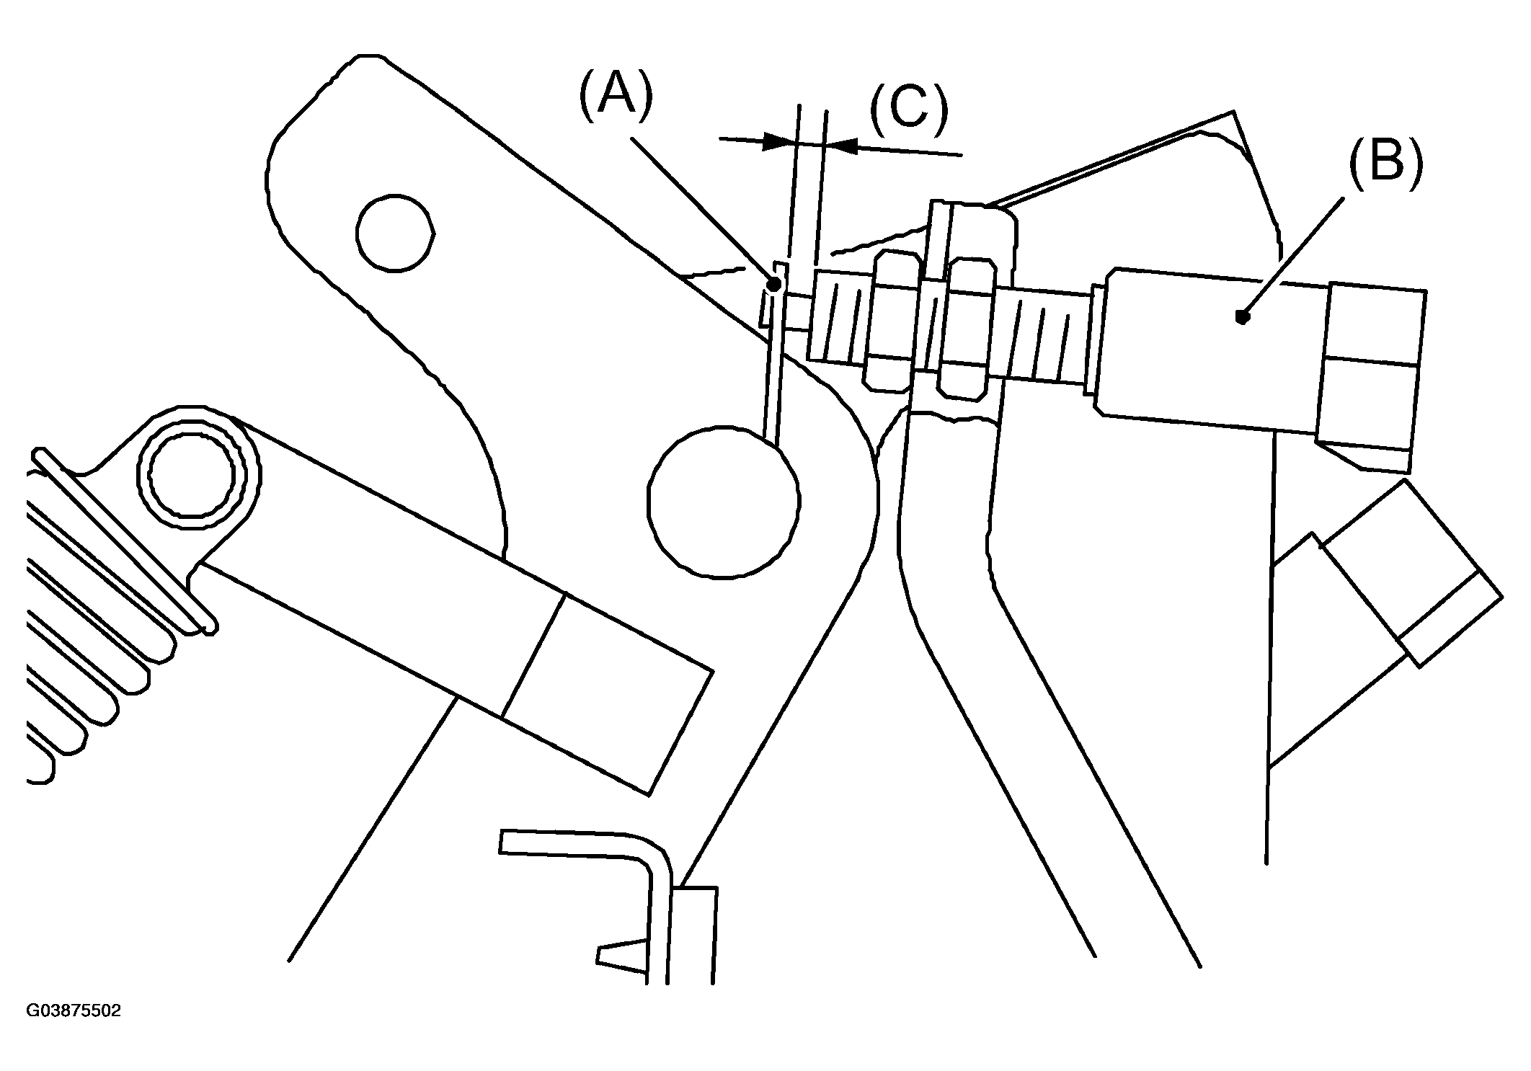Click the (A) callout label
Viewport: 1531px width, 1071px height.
click(x=616, y=93)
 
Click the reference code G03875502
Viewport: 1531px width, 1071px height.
click(x=74, y=1011)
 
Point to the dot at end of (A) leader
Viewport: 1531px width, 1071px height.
click(x=773, y=285)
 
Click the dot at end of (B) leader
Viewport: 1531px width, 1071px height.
click(x=1241, y=316)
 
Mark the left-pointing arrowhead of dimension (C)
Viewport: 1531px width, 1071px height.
click(x=841, y=146)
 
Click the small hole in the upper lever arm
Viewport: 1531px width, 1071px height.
click(x=395, y=233)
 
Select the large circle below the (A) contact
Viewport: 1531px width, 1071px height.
click(x=724, y=502)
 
